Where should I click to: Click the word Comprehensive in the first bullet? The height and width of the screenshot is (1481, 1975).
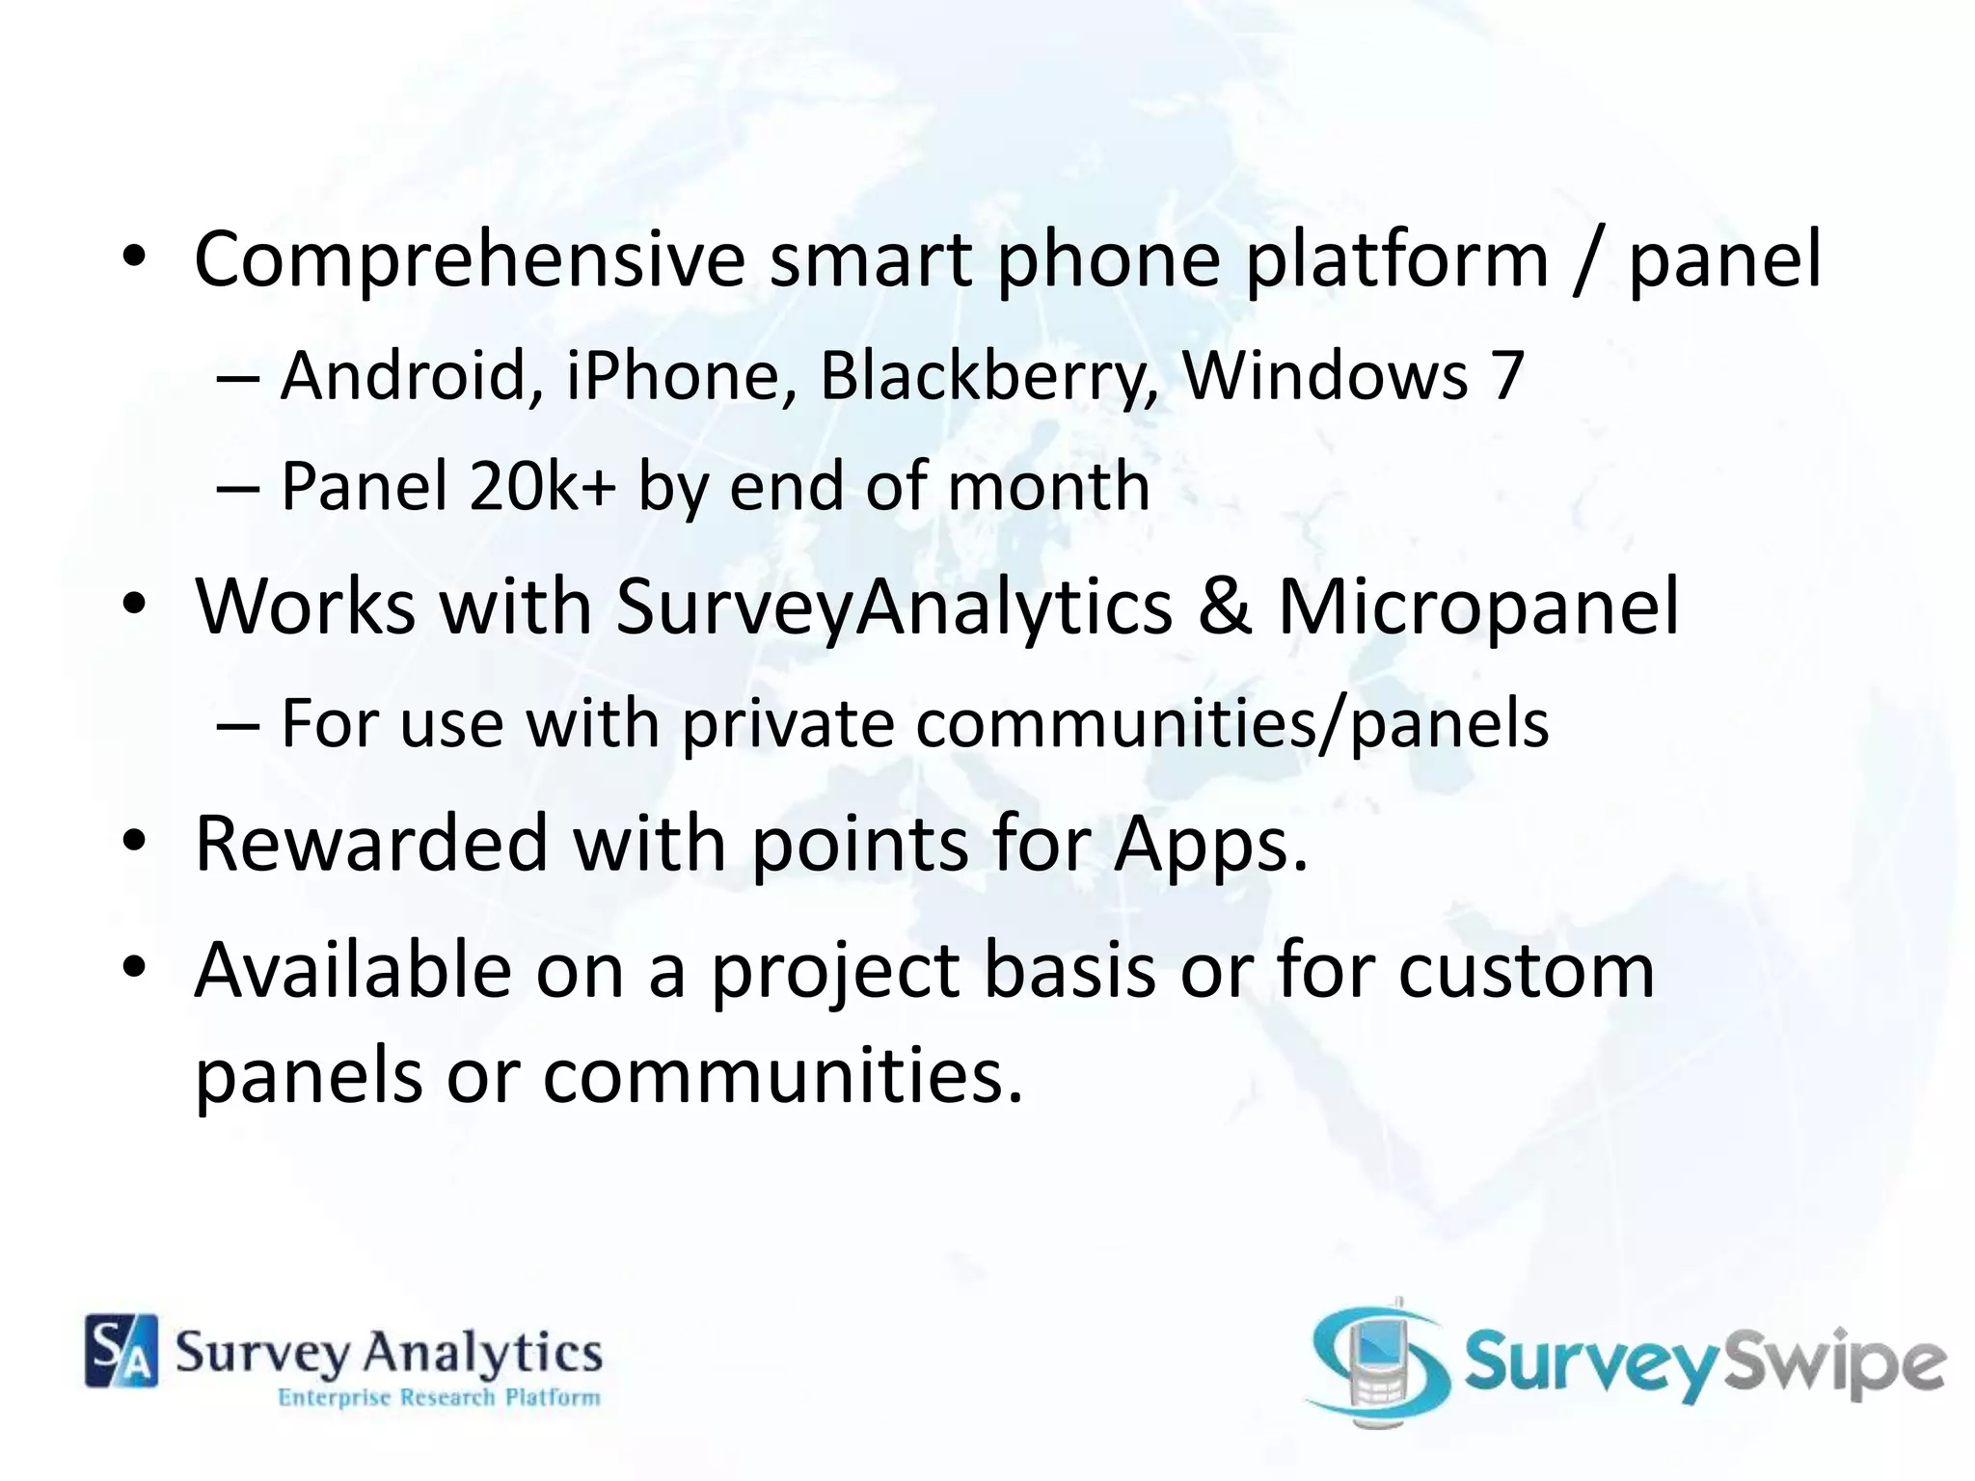coord(470,260)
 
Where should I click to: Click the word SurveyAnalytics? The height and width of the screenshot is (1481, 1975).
coord(894,607)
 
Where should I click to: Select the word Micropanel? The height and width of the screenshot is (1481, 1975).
coord(1478,607)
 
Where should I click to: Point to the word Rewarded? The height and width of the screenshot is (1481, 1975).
coord(371,843)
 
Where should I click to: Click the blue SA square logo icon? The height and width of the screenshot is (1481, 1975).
coord(122,1350)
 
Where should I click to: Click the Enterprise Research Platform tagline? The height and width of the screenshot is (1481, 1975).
coord(439,1398)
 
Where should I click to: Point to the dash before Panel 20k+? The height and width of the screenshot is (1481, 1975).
coord(238,487)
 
